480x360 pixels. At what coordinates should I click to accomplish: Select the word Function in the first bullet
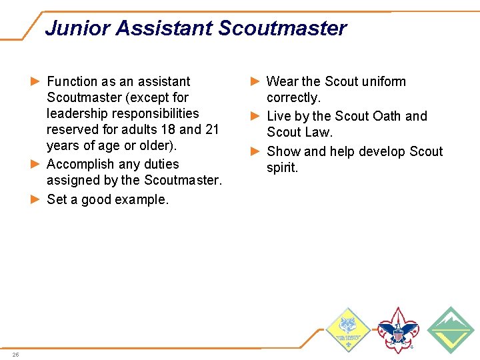point(72,81)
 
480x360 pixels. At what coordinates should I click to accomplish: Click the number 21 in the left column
point(211,129)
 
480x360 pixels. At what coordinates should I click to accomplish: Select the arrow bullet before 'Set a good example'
point(36,199)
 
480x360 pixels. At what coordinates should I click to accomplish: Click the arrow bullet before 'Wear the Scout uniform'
point(255,81)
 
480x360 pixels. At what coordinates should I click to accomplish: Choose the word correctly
point(293,98)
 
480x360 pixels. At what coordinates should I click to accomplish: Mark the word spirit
point(282,168)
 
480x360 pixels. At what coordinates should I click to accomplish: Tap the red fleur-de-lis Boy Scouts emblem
point(398,329)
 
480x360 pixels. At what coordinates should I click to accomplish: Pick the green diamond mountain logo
point(451,329)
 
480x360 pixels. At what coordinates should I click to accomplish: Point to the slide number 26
point(15,354)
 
